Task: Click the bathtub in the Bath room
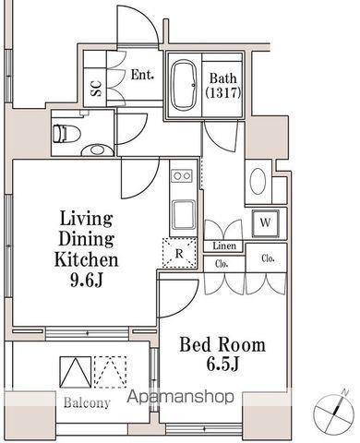pos(184,85)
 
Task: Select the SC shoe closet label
pos(96,88)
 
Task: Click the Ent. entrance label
pos(142,75)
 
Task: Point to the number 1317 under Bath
pos(223,92)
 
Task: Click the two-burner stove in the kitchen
pos(182,176)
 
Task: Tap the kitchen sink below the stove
pos(184,215)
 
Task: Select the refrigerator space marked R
pos(179,253)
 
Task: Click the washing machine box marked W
pos(266,223)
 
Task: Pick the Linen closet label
pos(225,245)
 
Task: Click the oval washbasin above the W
pos(258,181)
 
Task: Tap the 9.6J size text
pos(87,281)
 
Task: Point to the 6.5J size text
pos(222,365)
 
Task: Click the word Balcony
pos(87,402)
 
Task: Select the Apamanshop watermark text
pos(181,397)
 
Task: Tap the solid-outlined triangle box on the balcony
pos(76,372)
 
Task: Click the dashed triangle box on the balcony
pos(111,372)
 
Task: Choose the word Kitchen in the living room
pos(87,259)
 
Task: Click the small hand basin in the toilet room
pos(97,150)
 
